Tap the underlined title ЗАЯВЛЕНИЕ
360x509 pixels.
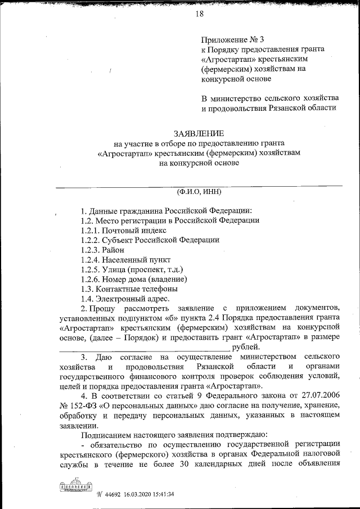click(200, 133)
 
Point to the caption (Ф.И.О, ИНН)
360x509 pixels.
click(200, 191)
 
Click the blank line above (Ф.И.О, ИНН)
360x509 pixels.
click(200, 185)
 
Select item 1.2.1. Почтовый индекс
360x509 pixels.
click(123, 230)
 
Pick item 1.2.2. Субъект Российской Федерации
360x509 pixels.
click(150, 240)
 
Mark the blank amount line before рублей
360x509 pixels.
click(123, 349)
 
